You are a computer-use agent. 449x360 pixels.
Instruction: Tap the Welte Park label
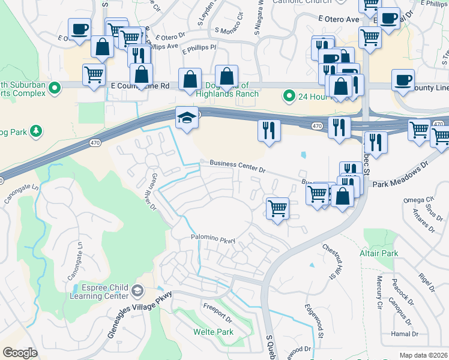(212, 332)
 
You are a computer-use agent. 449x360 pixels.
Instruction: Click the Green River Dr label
(149, 192)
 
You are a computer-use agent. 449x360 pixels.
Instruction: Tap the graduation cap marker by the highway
(186, 118)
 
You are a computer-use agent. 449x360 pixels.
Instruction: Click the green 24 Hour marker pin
(289, 95)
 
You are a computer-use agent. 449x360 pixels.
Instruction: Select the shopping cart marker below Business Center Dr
(277, 209)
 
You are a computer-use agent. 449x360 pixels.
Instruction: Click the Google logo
(20, 353)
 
